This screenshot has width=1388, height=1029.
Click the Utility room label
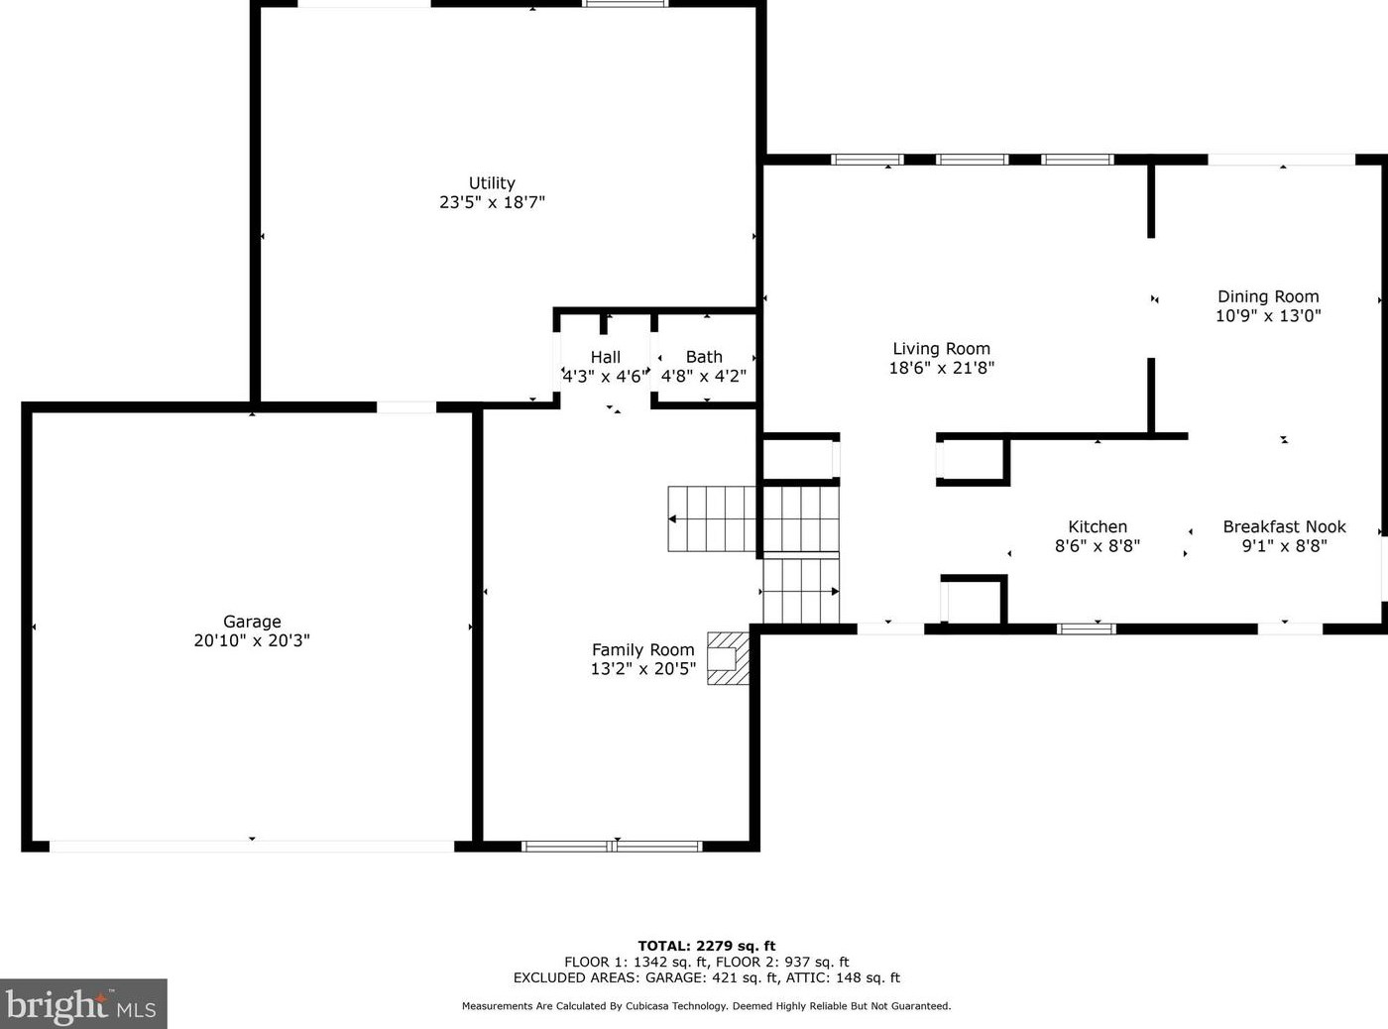[x=492, y=183]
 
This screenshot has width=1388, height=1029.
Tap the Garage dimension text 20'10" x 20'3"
[x=252, y=640]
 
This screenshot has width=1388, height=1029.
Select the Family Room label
[x=642, y=650]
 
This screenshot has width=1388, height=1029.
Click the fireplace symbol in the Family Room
[x=727, y=658]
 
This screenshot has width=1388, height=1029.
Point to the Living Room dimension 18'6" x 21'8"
[x=941, y=368]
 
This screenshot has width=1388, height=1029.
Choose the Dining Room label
[x=1268, y=296]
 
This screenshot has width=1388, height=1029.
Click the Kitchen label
[x=1098, y=526]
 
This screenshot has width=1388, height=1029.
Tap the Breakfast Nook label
[x=1284, y=526]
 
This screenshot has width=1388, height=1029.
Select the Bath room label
[x=704, y=357]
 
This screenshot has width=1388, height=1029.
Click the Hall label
[x=606, y=357]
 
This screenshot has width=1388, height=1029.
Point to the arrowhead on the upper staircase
[x=673, y=519]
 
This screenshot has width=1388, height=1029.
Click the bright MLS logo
[x=82, y=1004]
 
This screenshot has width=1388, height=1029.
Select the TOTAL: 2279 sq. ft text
[x=706, y=946]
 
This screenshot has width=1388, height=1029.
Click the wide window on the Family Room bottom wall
[x=612, y=846]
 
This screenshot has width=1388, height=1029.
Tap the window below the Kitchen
[x=1086, y=629]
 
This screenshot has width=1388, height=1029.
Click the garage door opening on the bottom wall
[x=252, y=846]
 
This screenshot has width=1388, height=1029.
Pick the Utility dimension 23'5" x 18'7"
[x=492, y=202]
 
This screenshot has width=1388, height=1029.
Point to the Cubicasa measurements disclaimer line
[x=706, y=1006]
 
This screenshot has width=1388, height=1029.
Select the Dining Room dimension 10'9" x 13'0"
[x=1268, y=316]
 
